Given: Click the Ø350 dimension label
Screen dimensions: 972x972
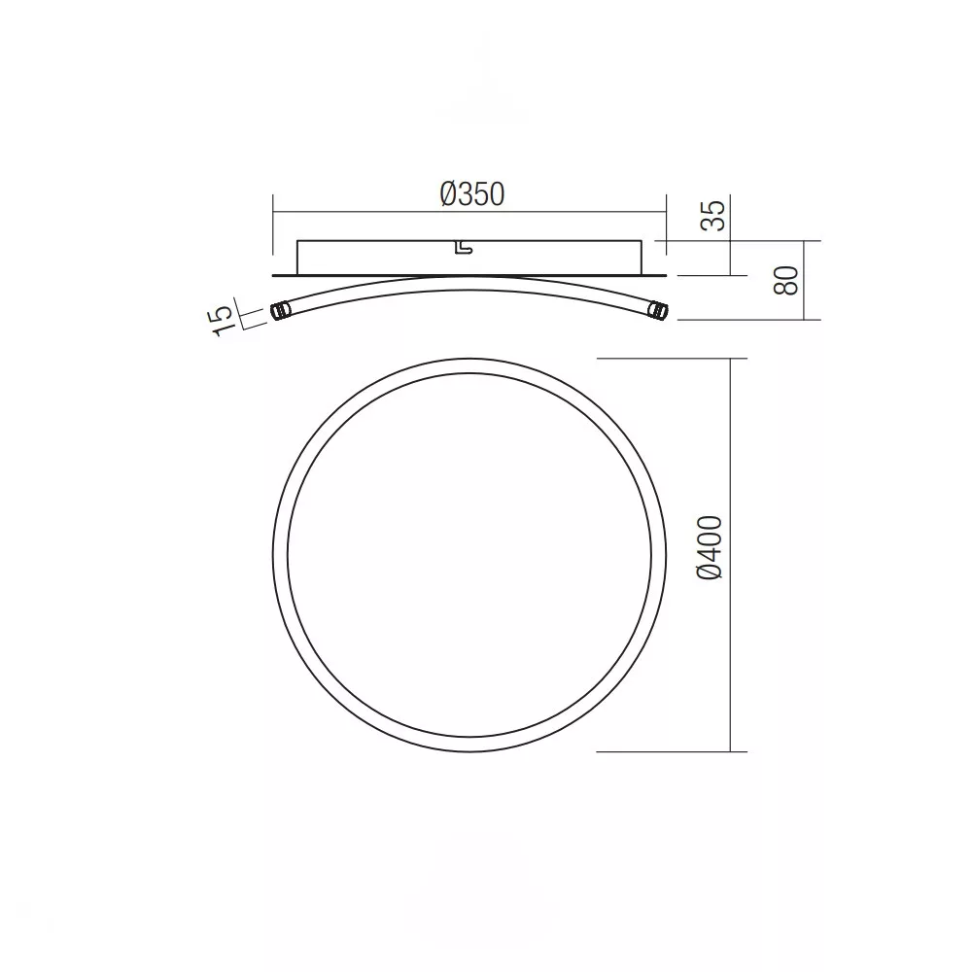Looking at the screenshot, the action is [x=472, y=194].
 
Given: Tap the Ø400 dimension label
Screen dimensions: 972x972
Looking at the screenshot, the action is [x=710, y=548].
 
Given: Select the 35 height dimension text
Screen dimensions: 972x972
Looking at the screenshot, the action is [x=712, y=216].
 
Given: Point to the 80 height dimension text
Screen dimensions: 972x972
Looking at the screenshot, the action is [x=786, y=280].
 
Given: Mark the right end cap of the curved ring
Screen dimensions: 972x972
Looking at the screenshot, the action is [x=658, y=311].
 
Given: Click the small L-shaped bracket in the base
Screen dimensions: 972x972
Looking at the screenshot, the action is [x=464, y=247].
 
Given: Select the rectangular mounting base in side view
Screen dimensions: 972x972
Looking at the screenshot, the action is [x=469, y=258].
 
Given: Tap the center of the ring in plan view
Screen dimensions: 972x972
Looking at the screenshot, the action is [x=469, y=555].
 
